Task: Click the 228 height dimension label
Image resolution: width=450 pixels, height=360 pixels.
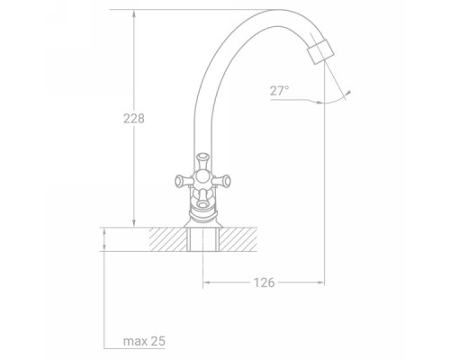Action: coord(134,119)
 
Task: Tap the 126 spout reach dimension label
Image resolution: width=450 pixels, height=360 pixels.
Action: coord(264,283)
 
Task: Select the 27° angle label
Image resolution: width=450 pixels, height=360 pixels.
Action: coord(279,91)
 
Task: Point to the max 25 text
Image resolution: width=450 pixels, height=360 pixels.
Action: coord(144,341)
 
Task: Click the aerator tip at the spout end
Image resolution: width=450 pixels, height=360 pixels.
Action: coord(320,52)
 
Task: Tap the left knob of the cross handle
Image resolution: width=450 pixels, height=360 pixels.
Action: coord(184,181)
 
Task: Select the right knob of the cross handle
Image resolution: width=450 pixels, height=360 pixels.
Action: coord(221,181)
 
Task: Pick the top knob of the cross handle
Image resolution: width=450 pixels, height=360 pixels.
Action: coord(202,161)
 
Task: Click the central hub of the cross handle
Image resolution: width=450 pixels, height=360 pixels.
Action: coord(202,179)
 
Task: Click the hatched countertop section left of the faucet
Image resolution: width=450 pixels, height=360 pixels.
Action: coord(168,239)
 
